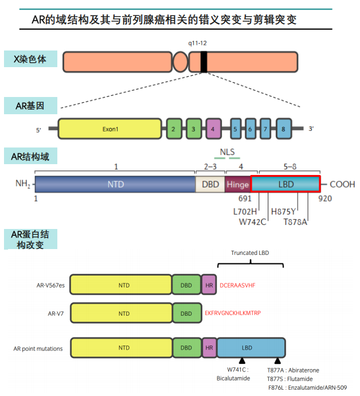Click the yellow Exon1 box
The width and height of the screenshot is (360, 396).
point(109,129)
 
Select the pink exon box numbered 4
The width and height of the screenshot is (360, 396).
point(213,129)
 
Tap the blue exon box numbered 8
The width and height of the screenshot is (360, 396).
point(284,129)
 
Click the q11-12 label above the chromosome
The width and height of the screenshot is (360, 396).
point(198,43)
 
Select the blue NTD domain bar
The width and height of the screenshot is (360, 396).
point(115,184)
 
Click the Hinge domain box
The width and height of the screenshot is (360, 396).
point(237,184)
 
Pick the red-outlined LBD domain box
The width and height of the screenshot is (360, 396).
point(285,184)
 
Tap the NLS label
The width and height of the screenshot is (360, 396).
point(228,152)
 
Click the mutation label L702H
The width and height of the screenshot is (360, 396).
point(245,211)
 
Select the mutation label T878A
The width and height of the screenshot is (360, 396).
point(295,222)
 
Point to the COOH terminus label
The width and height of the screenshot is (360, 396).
point(342,184)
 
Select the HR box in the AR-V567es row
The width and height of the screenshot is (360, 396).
point(209,285)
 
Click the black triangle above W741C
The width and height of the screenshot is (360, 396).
point(242,360)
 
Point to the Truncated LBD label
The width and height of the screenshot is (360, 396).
point(251,253)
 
